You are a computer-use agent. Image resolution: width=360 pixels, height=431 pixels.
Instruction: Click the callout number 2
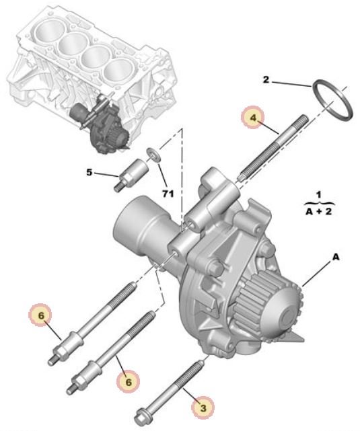click(266, 80)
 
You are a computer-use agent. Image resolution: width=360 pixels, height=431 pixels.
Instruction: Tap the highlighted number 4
click(253, 118)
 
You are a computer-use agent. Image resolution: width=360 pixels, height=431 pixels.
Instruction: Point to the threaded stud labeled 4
click(274, 147)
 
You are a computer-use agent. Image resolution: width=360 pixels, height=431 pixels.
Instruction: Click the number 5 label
click(89, 173)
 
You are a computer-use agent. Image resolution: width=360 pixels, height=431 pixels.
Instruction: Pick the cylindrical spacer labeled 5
click(131, 175)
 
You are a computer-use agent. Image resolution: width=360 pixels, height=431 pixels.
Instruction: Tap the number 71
click(168, 194)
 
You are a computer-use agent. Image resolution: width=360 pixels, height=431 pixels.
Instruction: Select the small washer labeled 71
click(152, 153)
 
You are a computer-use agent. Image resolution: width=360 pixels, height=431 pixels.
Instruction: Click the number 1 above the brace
click(319, 195)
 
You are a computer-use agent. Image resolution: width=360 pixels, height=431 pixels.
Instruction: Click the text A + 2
click(319, 212)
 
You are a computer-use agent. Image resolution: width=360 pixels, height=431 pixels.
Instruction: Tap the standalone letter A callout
click(336, 258)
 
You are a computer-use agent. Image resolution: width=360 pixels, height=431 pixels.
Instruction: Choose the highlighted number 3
click(203, 408)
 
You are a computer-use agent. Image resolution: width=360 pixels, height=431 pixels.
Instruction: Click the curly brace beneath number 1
click(320, 204)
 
